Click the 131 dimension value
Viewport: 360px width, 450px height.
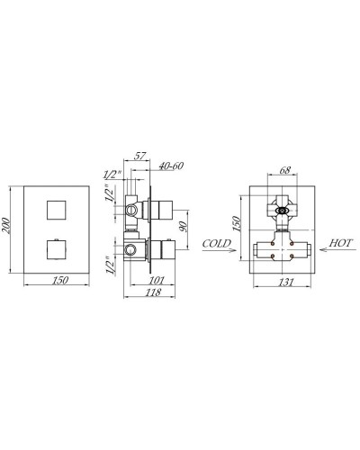(285, 281)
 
